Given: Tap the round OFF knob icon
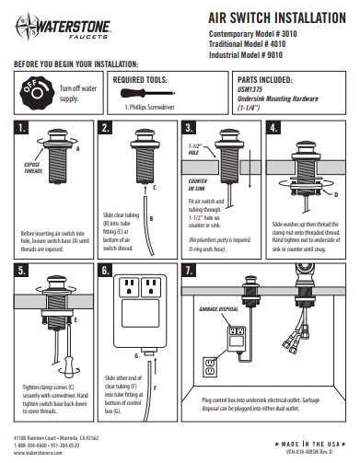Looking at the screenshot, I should click(x=32, y=94).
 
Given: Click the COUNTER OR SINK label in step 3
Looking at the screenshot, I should click(x=200, y=185).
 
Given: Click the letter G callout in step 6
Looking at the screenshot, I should click(x=137, y=353).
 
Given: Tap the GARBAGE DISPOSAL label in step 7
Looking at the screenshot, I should click(x=217, y=309).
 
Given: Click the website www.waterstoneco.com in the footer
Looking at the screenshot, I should click(x=40, y=453).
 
